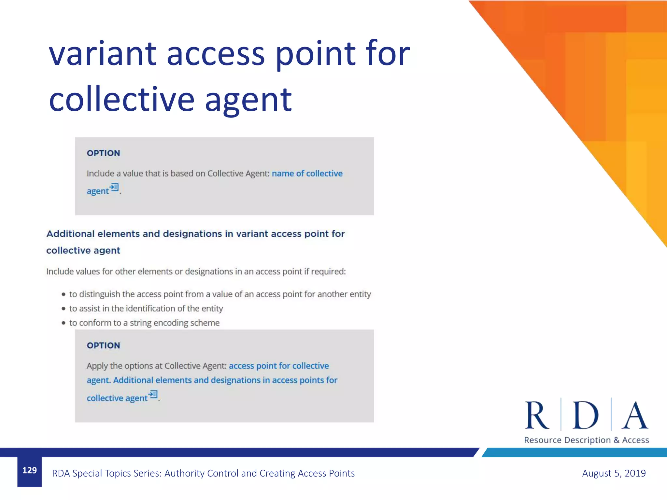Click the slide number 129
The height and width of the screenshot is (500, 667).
pyautogui.click(x=29, y=470)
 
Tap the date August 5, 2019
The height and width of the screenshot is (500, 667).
pyautogui.click(x=614, y=473)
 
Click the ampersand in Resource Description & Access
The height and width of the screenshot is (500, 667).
pyautogui.click(x=617, y=440)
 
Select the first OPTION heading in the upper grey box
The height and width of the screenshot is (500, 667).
pyautogui.click(x=103, y=153)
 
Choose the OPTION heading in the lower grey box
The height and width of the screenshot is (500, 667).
pyautogui.click(x=103, y=345)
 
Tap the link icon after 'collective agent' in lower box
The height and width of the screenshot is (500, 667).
pyautogui.click(x=153, y=395)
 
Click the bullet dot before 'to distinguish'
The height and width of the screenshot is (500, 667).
pyautogui.click(x=64, y=294)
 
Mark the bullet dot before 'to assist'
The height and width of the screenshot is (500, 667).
pyautogui.click(x=64, y=309)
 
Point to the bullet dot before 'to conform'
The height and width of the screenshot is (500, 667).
pyautogui.click(x=64, y=323)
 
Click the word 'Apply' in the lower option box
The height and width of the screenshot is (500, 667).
pyautogui.click(x=97, y=366)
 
